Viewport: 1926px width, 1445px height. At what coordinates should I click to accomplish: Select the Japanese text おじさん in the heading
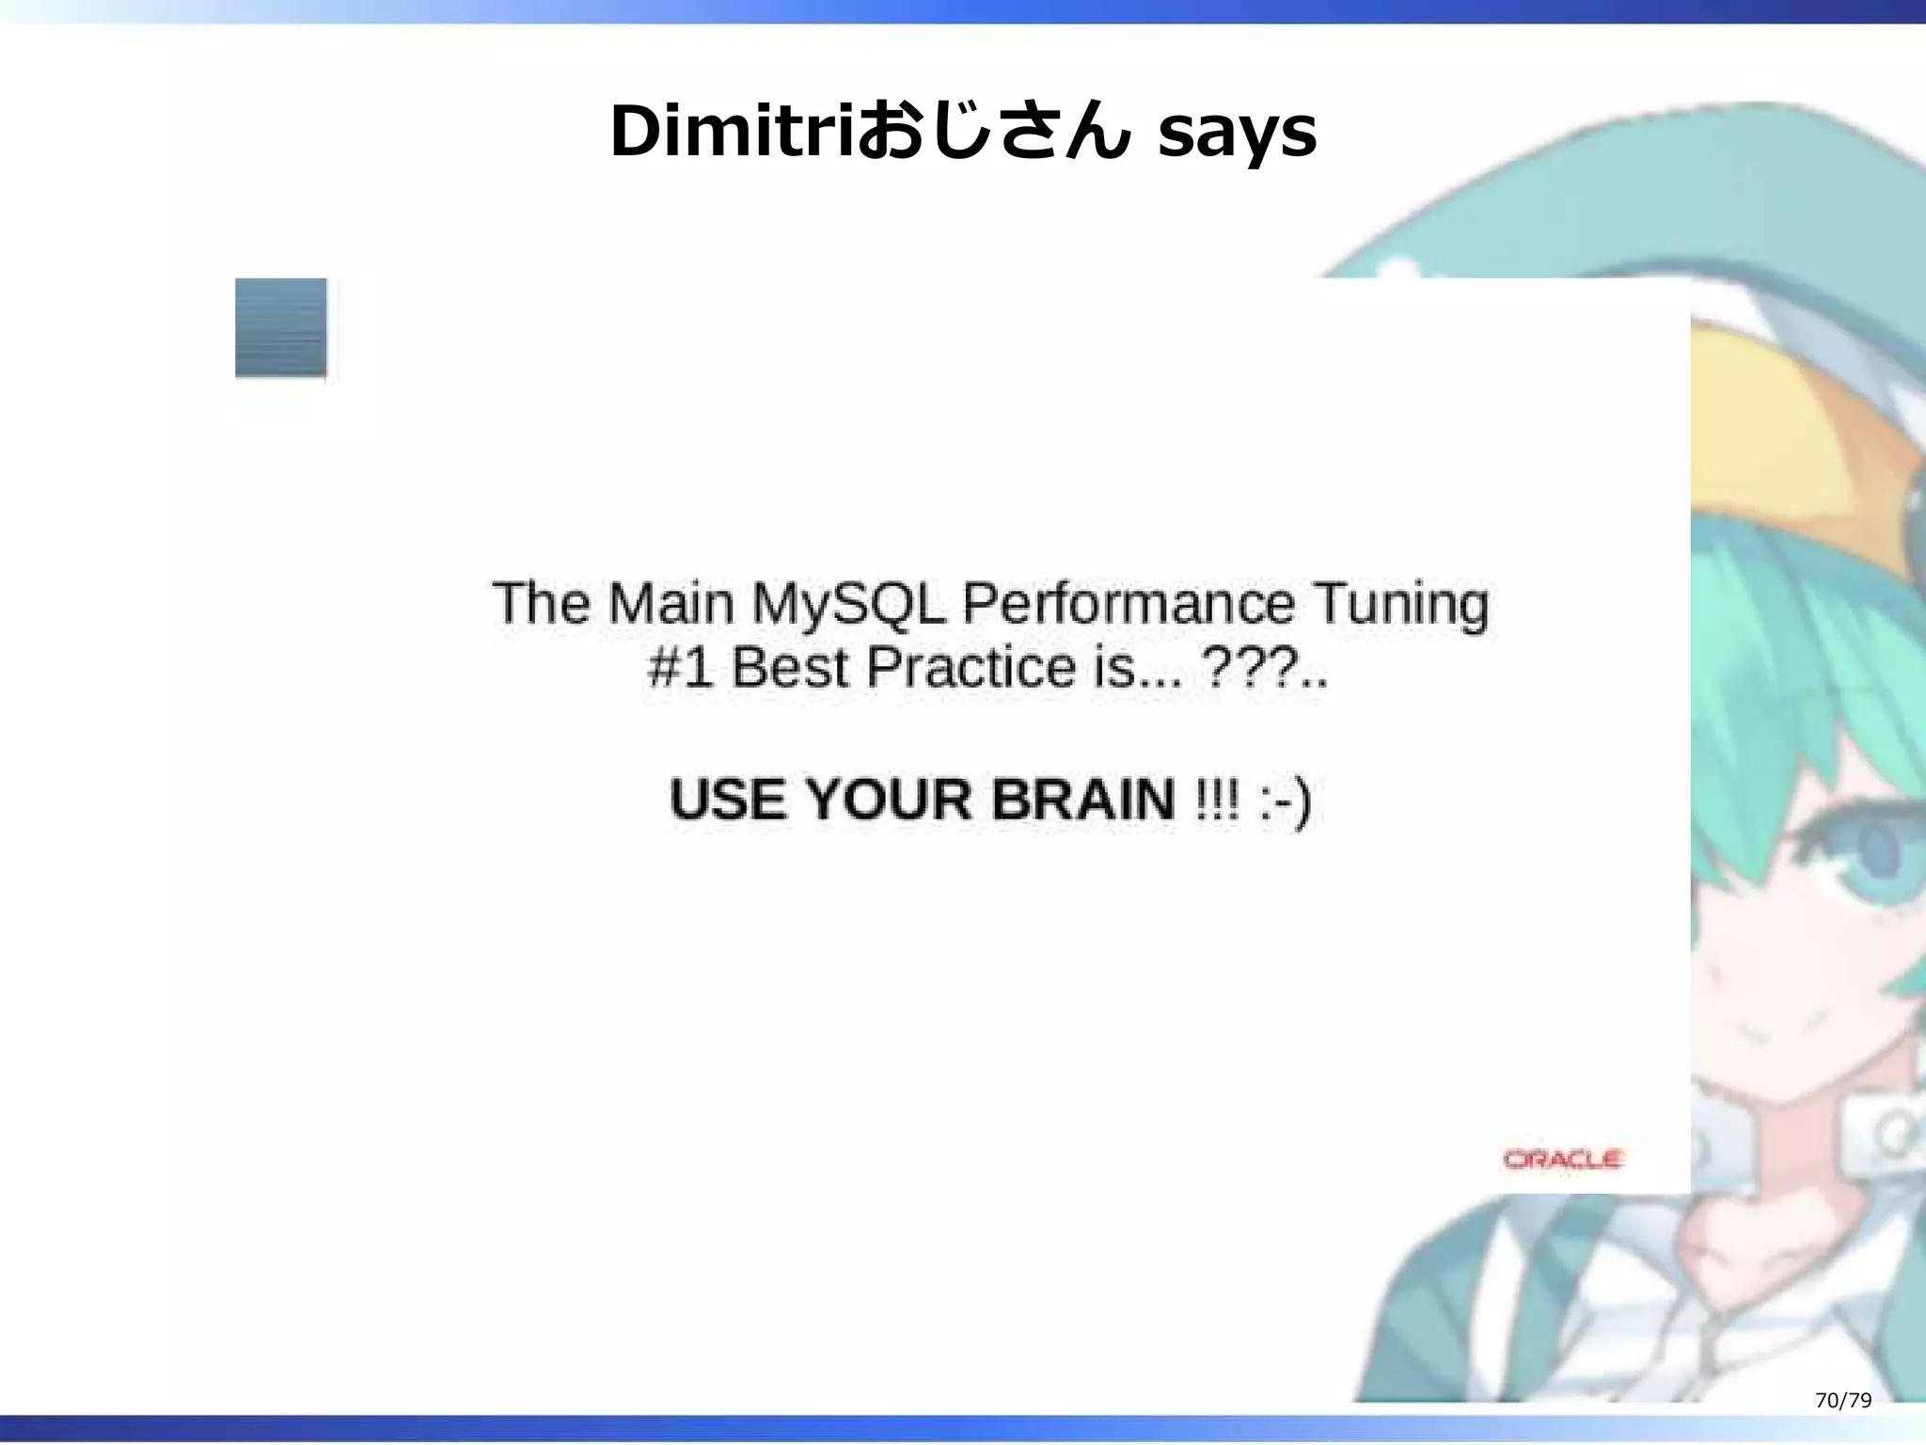(993, 134)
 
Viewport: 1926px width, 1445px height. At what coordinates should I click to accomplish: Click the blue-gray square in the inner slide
(281, 327)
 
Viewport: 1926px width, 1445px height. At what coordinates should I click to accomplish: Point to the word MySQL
(848, 603)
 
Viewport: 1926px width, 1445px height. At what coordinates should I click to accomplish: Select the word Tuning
(1400, 605)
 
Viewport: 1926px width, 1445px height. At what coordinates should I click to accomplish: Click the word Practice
(971, 668)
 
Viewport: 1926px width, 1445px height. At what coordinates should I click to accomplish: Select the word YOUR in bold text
(888, 800)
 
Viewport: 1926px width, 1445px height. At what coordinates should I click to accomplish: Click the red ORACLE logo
(1563, 1159)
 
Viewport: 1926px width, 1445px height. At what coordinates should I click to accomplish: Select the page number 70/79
(1843, 1400)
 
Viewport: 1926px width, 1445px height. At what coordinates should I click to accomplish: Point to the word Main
(671, 603)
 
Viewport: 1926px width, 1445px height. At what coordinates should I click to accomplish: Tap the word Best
(789, 668)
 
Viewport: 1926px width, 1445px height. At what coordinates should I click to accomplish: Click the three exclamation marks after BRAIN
(1217, 800)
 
